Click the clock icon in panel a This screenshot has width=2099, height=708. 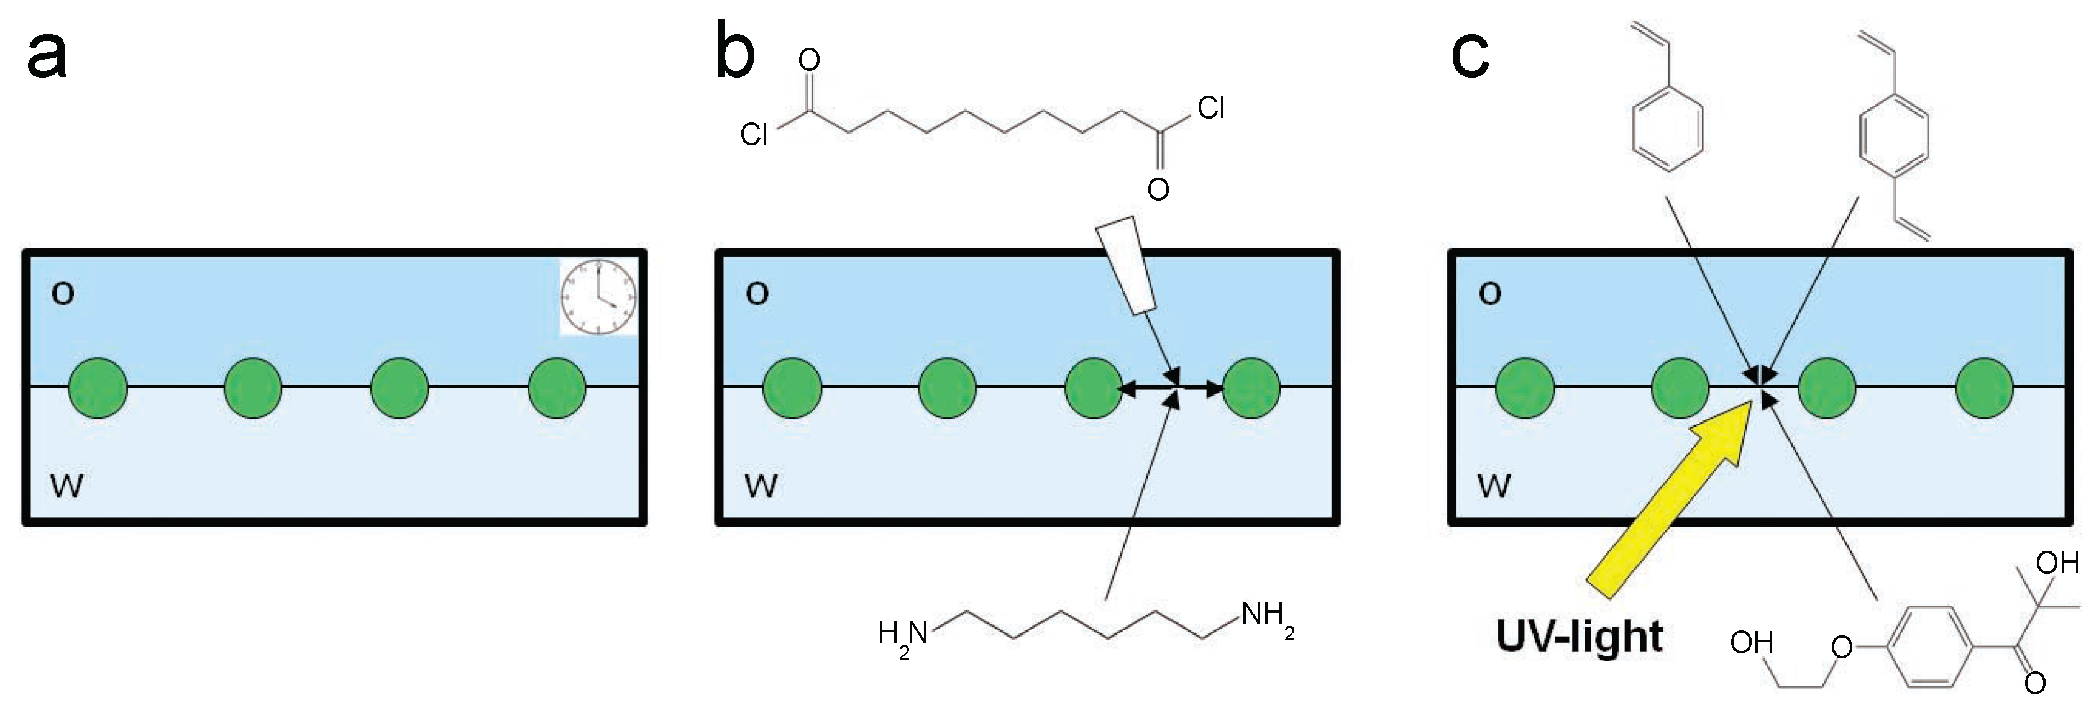coord(599,297)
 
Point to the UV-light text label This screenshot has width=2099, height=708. coord(1579,637)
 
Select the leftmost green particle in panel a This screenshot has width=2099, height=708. coord(98,388)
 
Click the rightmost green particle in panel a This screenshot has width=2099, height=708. coord(557,388)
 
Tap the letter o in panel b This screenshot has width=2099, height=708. coord(757,293)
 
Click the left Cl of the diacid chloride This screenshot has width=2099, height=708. coord(754,134)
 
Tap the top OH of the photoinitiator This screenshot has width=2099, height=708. coord(2057,563)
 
